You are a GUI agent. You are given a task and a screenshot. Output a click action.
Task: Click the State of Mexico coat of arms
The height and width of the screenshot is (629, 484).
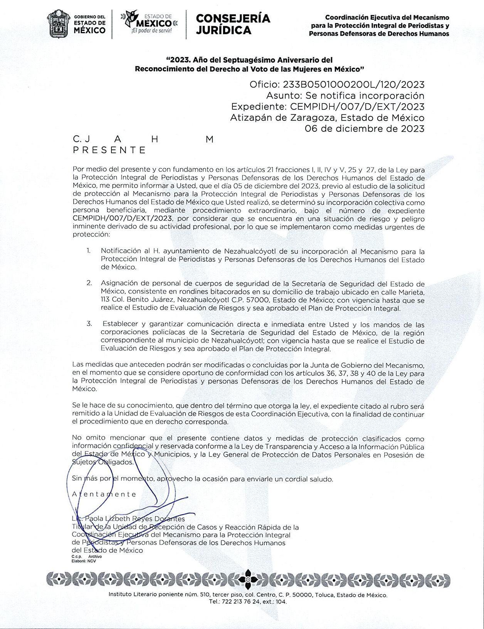pyautogui.click(x=59, y=24)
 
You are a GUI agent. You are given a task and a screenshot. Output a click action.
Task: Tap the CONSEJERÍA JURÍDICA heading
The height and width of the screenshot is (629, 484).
pyautogui.click(x=233, y=24)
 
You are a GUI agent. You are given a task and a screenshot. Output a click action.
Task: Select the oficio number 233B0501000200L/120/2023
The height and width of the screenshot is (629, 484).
pyautogui.click(x=353, y=84)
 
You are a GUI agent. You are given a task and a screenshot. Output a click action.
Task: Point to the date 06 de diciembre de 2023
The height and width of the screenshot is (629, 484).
pyautogui.click(x=365, y=129)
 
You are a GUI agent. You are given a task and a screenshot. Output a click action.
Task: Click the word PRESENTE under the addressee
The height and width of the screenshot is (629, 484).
pyautogui.click(x=109, y=150)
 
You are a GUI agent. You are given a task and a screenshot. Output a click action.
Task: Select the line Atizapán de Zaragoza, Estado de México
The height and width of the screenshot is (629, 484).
pyautogui.click(x=327, y=117)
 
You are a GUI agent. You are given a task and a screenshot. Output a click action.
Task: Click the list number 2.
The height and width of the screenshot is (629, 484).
pyautogui.click(x=89, y=283)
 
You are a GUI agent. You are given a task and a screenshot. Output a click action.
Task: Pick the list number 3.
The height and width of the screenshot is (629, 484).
pyautogui.click(x=89, y=324)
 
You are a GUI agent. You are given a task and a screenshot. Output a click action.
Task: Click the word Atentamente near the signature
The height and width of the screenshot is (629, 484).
pyautogui.click(x=104, y=494)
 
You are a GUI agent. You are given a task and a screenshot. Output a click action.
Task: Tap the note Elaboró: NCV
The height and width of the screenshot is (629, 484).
pyautogui.click(x=84, y=561)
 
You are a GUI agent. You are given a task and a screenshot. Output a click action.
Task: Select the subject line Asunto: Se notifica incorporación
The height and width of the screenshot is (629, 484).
pyautogui.click(x=345, y=96)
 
